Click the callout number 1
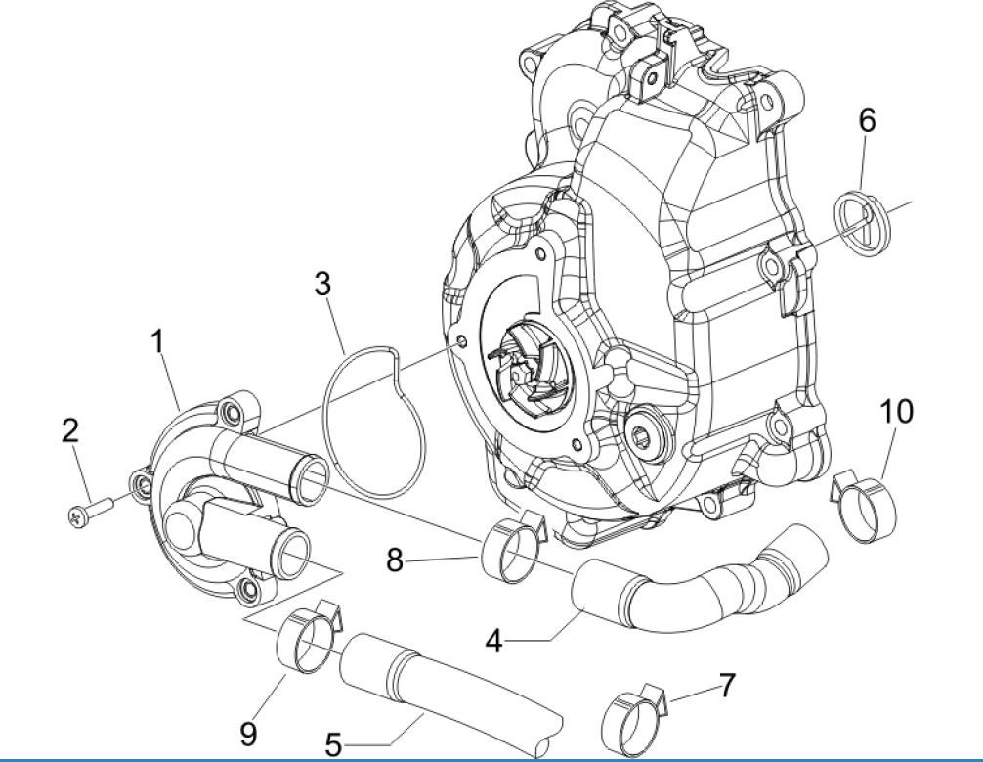tap(156, 341)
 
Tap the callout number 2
tap(70, 430)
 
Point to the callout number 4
tap(494, 642)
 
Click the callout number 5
tap(333, 745)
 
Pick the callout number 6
tap(867, 120)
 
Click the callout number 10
tap(896, 412)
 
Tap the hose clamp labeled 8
tap(510, 548)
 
